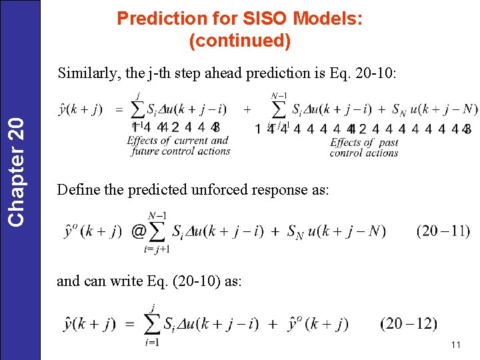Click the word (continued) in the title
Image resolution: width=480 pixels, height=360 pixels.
(240, 41)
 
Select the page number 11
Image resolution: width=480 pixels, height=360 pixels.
(456, 345)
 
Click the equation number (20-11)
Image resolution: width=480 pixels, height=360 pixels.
(443, 231)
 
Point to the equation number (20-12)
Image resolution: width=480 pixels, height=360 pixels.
(409, 324)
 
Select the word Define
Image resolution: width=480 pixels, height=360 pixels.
(77, 190)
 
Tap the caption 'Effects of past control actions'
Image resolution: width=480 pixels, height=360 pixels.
(364, 147)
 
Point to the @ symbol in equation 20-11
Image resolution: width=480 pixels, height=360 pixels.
(139, 231)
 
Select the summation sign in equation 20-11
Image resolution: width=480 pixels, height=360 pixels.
(158, 231)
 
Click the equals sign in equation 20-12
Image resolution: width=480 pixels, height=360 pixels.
(129, 325)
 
